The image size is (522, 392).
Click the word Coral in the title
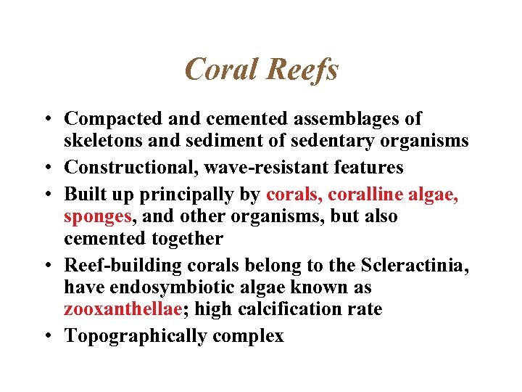point(221,70)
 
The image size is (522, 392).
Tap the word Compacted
point(109,118)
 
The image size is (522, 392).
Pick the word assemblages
point(346,118)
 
